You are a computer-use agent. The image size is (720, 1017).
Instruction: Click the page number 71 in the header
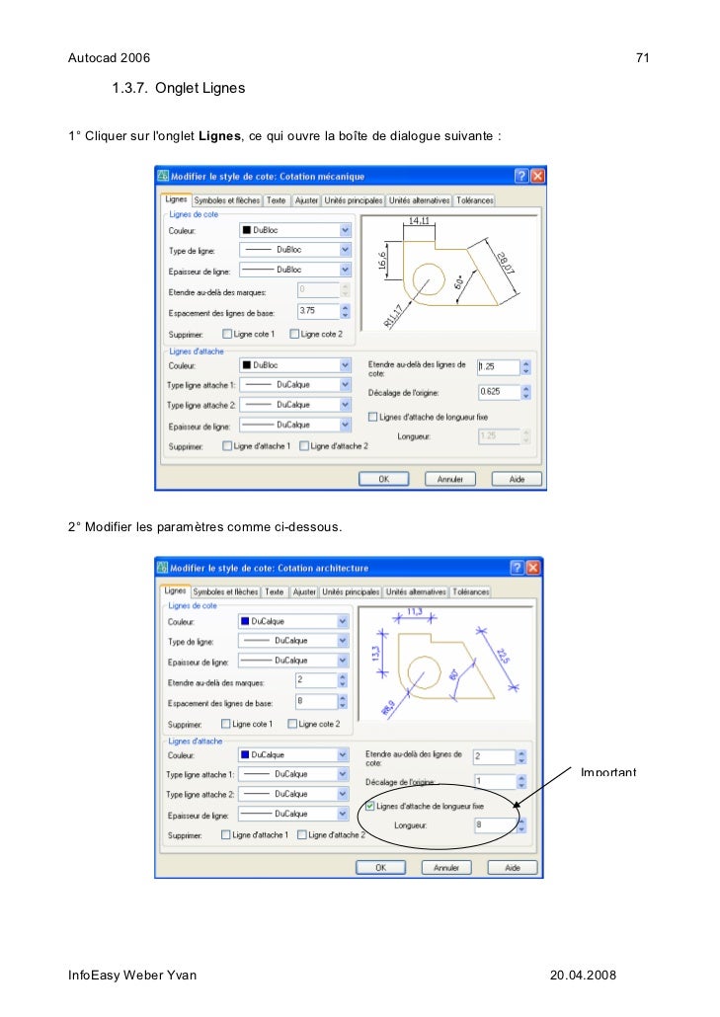click(642, 58)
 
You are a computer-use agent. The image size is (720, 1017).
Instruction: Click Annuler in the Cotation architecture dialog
click(446, 868)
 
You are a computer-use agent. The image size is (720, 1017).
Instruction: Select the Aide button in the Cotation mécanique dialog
click(517, 479)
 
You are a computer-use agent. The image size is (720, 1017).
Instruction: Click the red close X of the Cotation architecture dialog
click(533, 568)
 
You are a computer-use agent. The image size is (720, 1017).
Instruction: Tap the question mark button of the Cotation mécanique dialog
click(520, 176)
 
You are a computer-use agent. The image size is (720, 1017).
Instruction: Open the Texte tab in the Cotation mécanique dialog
click(277, 200)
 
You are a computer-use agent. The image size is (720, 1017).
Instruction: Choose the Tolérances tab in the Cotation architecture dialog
click(471, 592)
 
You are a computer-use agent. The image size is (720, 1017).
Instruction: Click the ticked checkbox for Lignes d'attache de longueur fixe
click(370, 806)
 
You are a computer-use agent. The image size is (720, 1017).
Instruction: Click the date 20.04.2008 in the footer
click(583, 976)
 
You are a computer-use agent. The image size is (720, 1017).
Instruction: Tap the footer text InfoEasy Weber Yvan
click(132, 976)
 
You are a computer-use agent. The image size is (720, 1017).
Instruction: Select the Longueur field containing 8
click(493, 825)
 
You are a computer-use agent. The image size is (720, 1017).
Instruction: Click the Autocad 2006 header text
click(109, 58)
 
